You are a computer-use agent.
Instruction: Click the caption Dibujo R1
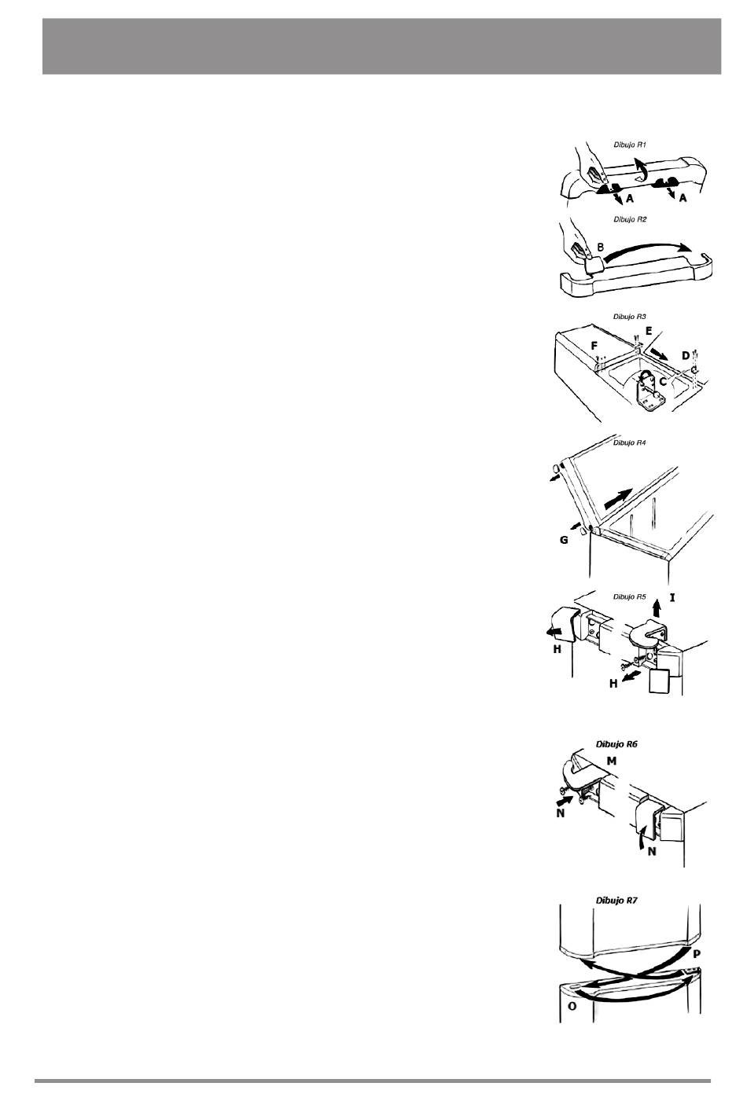pyautogui.click(x=630, y=145)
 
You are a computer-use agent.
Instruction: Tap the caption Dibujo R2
pyautogui.click(x=630, y=219)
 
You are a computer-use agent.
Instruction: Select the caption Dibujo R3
pyautogui.click(x=630, y=317)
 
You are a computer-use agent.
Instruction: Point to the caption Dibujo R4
pyautogui.click(x=630, y=442)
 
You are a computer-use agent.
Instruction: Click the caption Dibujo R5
pyautogui.click(x=630, y=596)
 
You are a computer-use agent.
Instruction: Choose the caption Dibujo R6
pyautogui.click(x=616, y=744)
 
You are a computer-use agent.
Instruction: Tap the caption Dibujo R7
pyautogui.click(x=616, y=901)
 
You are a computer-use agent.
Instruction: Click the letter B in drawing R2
pyautogui.click(x=600, y=248)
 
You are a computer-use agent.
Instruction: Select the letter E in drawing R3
pyautogui.click(x=649, y=332)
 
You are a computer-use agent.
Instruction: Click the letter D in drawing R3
pyautogui.click(x=685, y=355)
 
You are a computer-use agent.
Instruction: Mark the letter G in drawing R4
pyautogui.click(x=564, y=540)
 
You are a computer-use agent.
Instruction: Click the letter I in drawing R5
pyautogui.click(x=672, y=597)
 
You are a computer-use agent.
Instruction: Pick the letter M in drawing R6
pyautogui.click(x=611, y=761)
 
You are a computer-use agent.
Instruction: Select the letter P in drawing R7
pyautogui.click(x=697, y=953)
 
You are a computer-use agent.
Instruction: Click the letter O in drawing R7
pyautogui.click(x=572, y=1006)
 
